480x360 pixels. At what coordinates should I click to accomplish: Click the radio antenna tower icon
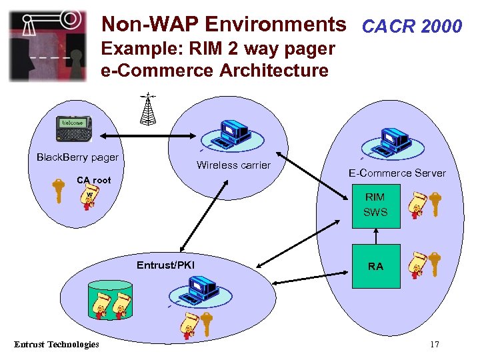pos(148,109)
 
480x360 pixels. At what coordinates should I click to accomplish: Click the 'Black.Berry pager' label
pos(77,157)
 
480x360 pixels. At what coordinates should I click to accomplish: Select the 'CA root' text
pos(93,180)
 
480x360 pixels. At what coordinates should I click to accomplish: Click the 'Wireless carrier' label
pos(233,165)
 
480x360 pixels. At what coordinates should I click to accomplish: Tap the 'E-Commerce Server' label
pos(397,173)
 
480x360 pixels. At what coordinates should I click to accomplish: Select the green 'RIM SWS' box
pos(375,205)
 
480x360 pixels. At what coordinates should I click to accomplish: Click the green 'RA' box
pos(375,266)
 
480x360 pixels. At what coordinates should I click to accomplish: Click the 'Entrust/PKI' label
pos(165,265)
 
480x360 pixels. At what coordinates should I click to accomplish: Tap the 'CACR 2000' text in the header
pos(411,26)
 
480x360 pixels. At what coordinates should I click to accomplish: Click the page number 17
pos(434,345)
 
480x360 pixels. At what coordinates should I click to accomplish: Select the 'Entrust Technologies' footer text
pos(57,344)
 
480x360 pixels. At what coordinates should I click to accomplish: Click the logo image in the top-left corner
pos(47,45)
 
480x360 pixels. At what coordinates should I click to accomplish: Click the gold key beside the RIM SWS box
pos(435,204)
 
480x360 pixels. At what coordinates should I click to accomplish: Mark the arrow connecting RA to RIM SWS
pos(375,236)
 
